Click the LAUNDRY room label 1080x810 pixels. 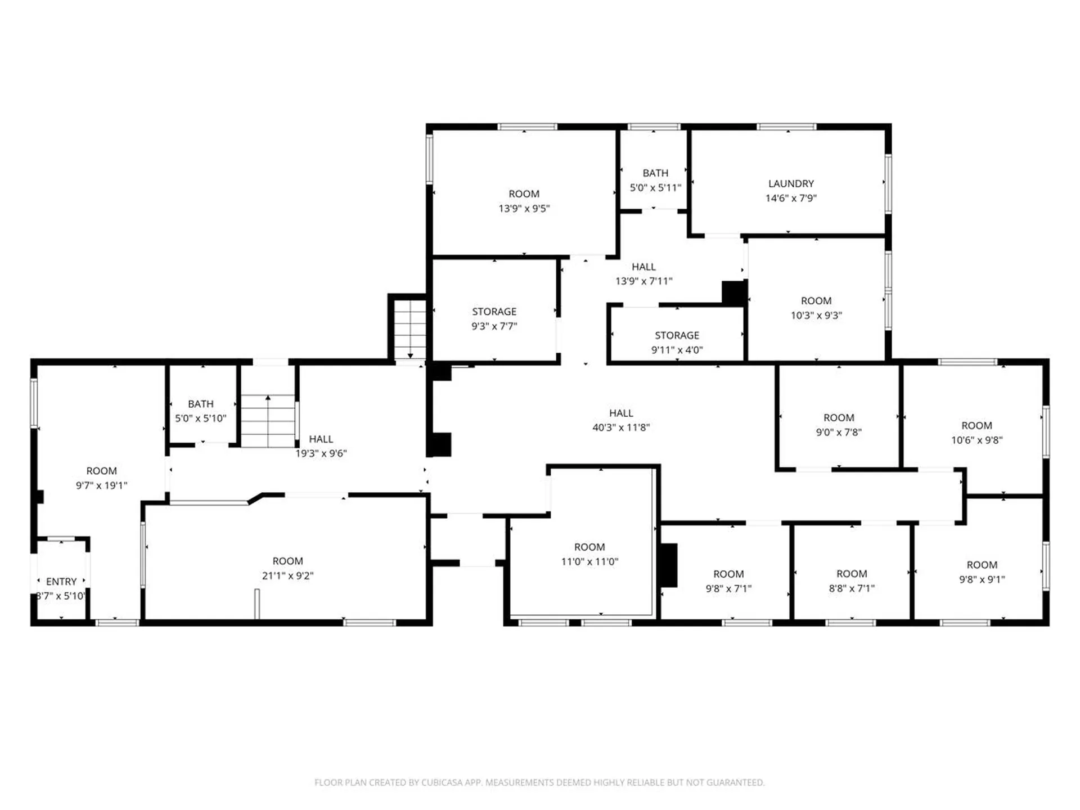(791, 183)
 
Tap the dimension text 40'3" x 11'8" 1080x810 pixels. (621, 427)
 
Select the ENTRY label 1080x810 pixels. (61, 582)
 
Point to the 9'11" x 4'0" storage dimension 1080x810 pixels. (677, 350)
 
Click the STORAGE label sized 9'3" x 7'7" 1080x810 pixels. (494, 312)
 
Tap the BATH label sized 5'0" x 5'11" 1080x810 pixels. (656, 173)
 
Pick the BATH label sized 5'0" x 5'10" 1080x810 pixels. (201, 404)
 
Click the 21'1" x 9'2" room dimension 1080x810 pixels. (287, 575)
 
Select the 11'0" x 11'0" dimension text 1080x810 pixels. (589, 561)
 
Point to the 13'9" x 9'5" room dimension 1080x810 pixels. (524, 208)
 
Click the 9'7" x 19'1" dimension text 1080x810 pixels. (102, 485)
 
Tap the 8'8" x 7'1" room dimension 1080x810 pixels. (852, 588)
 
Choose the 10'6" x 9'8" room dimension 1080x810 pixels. (976, 440)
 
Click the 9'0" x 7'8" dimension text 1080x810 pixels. (839, 432)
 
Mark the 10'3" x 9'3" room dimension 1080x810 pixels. (816, 316)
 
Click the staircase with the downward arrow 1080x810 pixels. (410, 330)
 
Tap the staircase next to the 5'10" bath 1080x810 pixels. (268, 421)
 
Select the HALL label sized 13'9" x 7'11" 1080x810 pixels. (643, 267)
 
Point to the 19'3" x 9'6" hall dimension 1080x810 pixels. (321, 453)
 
